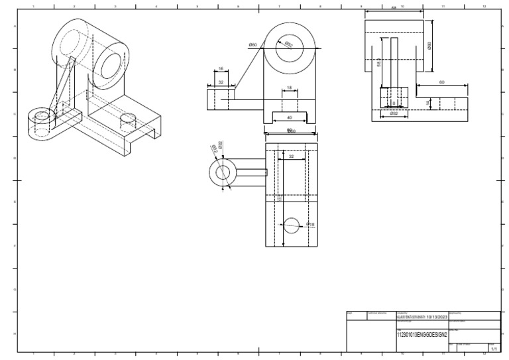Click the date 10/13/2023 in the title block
(433, 317)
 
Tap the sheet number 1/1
(492, 347)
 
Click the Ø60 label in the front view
(253, 44)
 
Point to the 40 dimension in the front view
(289, 117)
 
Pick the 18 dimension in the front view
(290, 88)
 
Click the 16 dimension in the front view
(221, 68)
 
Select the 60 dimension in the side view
(441, 82)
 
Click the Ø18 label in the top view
(310, 225)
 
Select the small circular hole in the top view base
(292, 225)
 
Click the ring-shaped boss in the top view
(221, 172)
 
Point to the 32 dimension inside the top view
(291, 156)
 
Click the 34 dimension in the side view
(428, 103)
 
